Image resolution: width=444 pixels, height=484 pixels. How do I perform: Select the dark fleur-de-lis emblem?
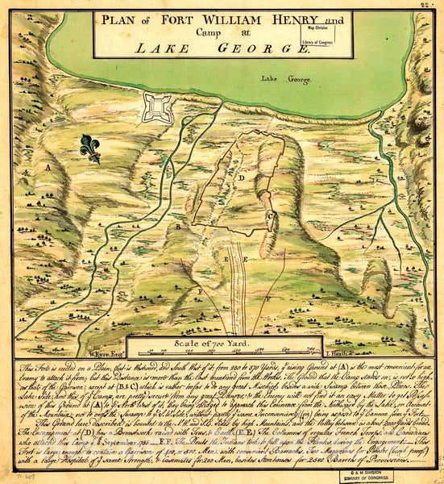(x=90, y=148)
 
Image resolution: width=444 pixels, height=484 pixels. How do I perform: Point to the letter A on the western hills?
(x=48, y=167)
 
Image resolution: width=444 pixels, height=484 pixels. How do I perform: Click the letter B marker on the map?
(x=178, y=227)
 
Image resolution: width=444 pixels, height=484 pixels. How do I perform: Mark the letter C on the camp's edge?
(x=269, y=215)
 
